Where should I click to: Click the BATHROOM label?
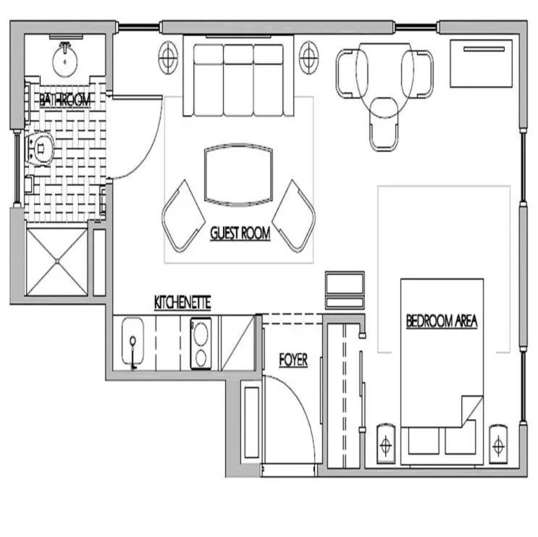[65, 100]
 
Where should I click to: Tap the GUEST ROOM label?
[240, 233]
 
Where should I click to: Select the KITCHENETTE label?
[182, 303]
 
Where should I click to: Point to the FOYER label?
[293, 360]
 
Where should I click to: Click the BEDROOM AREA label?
[442, 321]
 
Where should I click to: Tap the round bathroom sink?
[65, 59]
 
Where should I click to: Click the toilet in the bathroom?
[40, 149]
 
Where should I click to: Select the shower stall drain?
[57, 262]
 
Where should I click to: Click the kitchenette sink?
[133, 341]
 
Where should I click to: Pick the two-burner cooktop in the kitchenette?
[201, 344]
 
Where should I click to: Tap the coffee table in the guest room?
[238, 175]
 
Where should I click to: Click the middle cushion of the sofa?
[239, 80]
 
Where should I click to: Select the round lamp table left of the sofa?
[169, 57]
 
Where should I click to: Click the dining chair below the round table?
[384, 124]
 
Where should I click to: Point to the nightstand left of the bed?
[386, 444]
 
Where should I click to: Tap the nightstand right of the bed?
[498, 445]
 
